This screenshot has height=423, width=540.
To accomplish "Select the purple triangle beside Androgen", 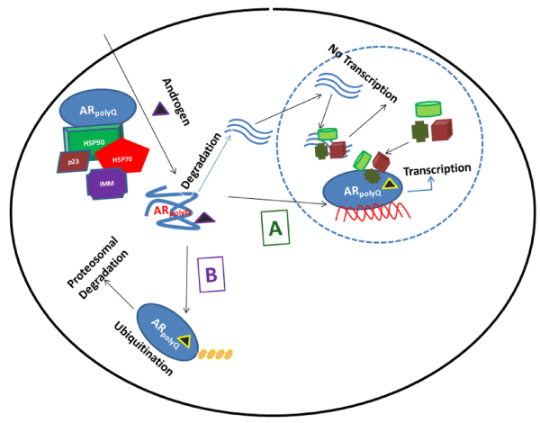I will (x=162, y=110).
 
